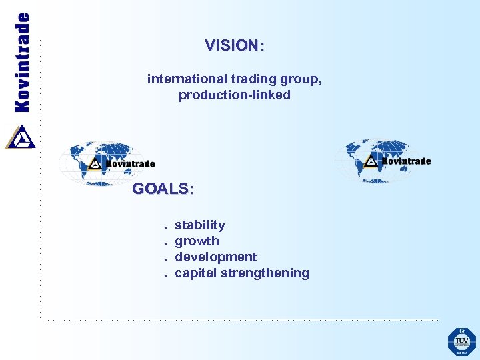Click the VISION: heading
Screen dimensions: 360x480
tap(234, 46)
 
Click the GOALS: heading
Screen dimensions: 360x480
tap(163, 189)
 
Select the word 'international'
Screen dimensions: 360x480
tap(182, 79)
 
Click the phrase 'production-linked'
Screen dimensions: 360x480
tap(234, 95)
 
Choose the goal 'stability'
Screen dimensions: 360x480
tap(199, 225)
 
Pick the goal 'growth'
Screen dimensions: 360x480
tap(197, 241)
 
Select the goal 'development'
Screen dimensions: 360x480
tap(215, 257)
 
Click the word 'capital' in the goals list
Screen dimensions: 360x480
tap(195, 273)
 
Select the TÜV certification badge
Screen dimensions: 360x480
tap(461, 341)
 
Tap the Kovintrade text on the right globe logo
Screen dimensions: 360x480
tap(406, 161)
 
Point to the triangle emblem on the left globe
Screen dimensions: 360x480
tap(95, 163)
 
